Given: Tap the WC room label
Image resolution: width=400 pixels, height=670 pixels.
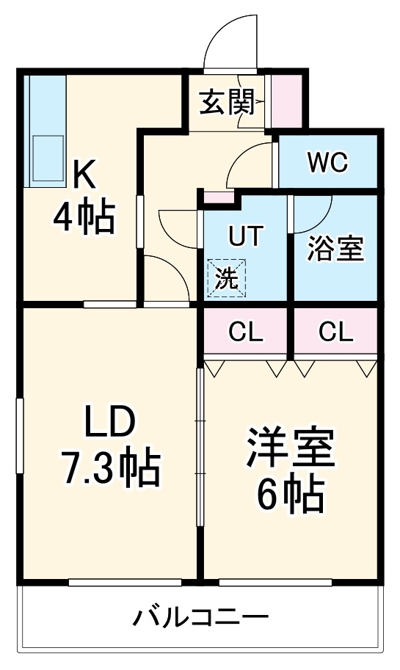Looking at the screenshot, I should (327, 162).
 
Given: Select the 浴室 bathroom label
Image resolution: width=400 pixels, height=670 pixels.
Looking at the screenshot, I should (335, 250).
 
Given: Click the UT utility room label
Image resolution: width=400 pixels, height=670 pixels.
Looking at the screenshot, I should (244, 236).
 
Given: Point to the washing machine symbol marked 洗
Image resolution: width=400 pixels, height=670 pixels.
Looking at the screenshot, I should (227, 278).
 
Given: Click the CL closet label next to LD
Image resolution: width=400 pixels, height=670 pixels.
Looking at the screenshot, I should (245, 332).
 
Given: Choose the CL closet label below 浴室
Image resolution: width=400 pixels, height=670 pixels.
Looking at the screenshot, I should (335, 332).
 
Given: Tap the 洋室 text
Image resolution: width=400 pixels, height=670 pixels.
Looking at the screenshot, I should (290, 451).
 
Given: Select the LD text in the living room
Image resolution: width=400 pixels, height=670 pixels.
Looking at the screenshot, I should (109, 423).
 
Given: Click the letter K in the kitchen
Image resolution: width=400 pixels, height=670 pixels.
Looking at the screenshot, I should (84, 175).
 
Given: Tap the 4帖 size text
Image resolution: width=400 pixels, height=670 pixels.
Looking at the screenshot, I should (83, 217).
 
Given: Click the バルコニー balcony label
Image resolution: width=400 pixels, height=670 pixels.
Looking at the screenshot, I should (200, 618).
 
